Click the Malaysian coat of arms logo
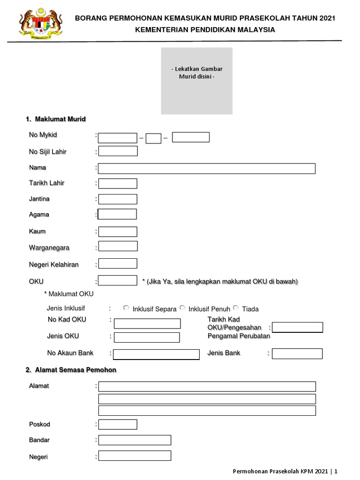[41, 24]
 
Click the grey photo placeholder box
[196, 81]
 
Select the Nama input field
[207, 169]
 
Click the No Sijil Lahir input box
[118, 151]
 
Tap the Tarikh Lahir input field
[118, 183]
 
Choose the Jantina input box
[118, 199]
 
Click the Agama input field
[117, 214]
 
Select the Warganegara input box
[118, 246]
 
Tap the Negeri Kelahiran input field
[118, 263]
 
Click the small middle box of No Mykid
[153, 138]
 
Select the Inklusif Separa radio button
[126, 307]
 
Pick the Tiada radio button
[236, 307]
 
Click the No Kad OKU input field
[147, 323]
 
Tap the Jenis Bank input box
[297, 353]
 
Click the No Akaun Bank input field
[156, 354]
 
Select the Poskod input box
[118, 424]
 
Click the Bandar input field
[135, 440]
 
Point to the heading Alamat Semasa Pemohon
[75, 370]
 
